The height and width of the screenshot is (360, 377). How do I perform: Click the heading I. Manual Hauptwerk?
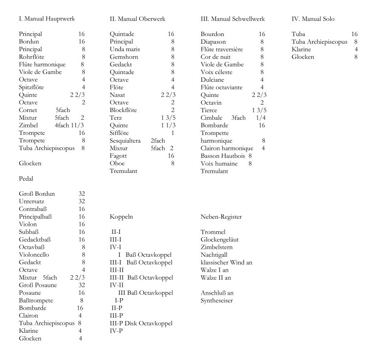coord(47,19)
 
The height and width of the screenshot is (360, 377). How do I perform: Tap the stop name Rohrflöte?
coord(32,57)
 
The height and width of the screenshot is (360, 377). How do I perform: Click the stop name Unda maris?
coord(125,49)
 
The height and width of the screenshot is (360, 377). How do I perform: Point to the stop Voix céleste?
coord(216,72)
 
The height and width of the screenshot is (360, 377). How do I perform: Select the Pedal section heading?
coord(26,179)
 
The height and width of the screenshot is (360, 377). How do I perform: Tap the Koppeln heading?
coord(121,216)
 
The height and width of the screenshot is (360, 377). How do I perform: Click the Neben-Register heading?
coord(221,216)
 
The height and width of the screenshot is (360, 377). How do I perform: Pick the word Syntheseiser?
coord(217,300)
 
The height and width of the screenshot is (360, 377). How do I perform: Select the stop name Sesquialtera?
coord(128,140)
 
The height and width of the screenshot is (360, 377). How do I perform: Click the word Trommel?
coord(213,232)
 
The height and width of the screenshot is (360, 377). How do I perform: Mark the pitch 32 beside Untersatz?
coord(81,201)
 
